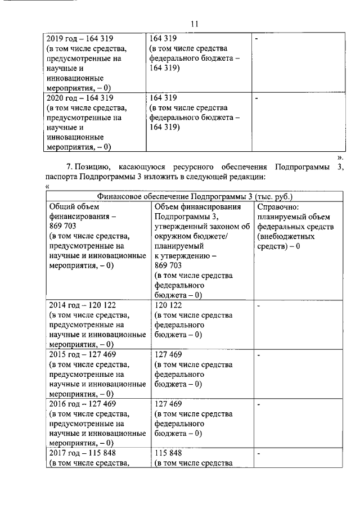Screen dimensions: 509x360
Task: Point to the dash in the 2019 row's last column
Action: coord(256,39)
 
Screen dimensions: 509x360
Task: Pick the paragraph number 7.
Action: coord(69,167)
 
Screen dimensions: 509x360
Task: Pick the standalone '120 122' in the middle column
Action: coord(168,304)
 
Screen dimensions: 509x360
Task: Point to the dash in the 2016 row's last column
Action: coord(258,404)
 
